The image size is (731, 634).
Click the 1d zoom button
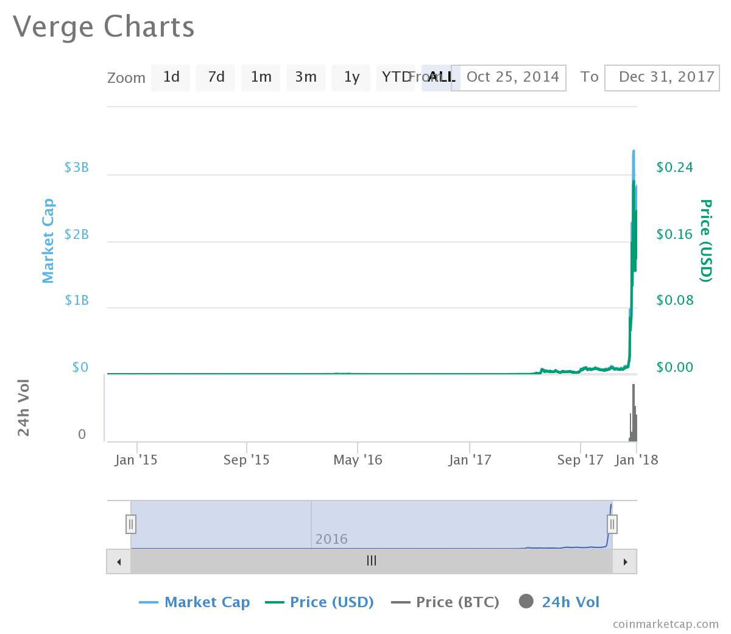171,77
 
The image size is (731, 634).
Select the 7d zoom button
216,77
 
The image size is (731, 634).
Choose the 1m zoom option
261,77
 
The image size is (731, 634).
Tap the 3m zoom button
306,77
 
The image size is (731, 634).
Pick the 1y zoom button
351,77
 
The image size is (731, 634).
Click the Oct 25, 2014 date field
512,77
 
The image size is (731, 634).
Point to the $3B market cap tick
76,168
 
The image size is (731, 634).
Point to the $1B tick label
76,301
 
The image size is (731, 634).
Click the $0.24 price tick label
674,168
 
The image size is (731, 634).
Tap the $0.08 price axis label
674,301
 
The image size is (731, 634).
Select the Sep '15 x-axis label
246,460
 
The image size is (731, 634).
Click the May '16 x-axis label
358,460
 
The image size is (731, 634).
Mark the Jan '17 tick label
470,460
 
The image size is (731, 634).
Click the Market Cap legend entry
195,602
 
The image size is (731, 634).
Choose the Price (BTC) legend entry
446,602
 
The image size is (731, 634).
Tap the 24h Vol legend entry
560,602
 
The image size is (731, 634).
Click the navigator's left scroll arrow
119,561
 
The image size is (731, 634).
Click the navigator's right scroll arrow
624,561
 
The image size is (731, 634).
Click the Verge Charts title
104,27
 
